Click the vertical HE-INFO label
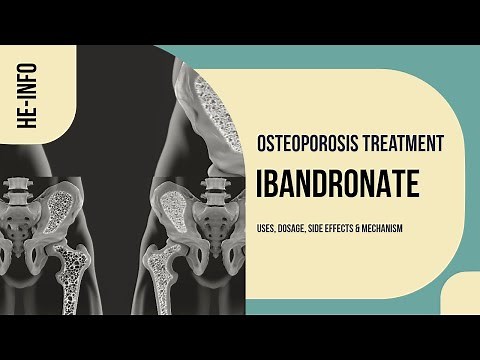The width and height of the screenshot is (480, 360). (x=22, y=98)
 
